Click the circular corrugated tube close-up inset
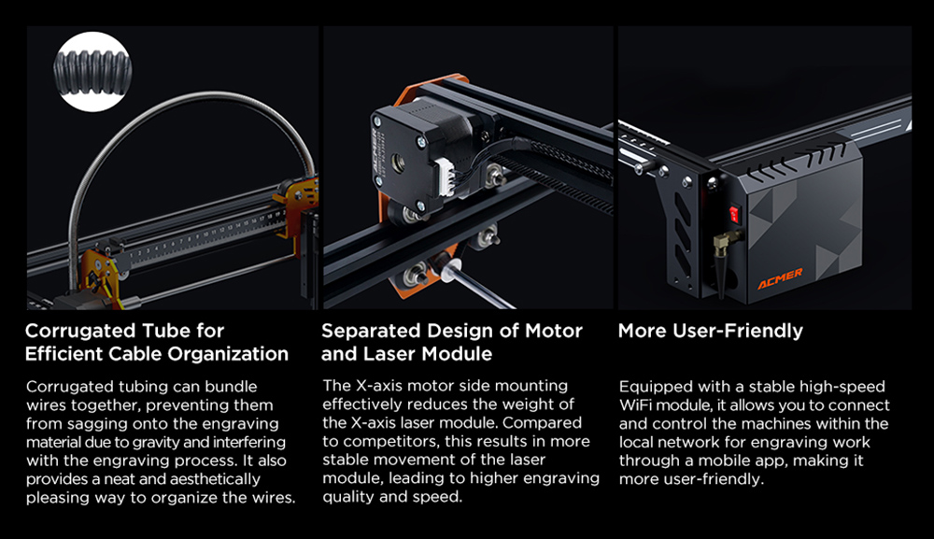92,72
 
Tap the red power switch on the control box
734,213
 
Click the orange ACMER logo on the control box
780,278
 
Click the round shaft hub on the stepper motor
396,162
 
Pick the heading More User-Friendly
711,331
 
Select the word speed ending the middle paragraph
442,497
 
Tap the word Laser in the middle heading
389,354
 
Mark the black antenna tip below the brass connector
723,276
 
